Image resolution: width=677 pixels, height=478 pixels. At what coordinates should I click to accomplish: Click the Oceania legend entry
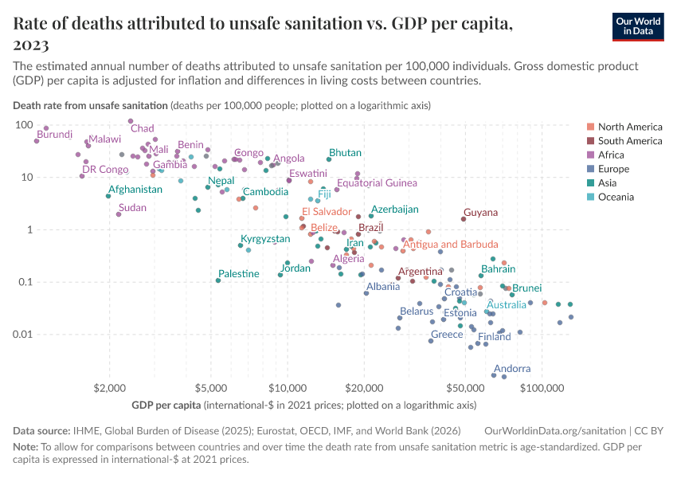coord(616,197)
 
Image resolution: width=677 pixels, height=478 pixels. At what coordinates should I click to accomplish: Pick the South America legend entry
coord(629,141)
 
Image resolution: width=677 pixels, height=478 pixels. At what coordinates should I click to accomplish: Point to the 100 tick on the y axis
coord(22,125)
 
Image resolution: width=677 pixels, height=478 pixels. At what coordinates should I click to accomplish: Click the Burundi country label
coord(54,135)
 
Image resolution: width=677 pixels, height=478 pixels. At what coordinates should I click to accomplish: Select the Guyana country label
coord(480,213)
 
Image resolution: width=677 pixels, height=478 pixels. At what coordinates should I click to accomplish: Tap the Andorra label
coord(512,369)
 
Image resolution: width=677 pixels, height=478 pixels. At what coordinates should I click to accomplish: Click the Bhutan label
coord(345,153)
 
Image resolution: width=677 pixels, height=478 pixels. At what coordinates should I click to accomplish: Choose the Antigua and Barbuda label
coord(451,245)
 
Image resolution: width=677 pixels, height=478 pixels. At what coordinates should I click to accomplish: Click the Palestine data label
coord(239,274)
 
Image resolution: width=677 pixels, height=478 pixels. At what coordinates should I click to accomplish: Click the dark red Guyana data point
coord(464,219)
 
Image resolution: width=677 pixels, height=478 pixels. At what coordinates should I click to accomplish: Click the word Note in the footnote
coord(25,446)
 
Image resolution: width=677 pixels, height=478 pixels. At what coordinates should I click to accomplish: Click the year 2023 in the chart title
coord(31,45)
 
